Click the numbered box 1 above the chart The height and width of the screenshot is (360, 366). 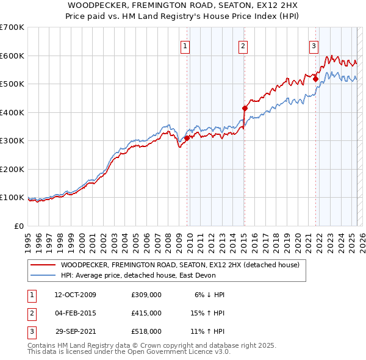184,45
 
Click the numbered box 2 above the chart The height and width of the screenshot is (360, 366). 243,45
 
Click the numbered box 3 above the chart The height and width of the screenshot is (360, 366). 314,45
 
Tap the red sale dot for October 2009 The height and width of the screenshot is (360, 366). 187,139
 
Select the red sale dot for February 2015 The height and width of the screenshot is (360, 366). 245,109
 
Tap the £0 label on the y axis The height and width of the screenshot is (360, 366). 19,226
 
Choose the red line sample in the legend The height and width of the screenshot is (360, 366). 42,265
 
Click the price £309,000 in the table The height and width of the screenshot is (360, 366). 146,294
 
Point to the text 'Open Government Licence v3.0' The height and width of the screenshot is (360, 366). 184,353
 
